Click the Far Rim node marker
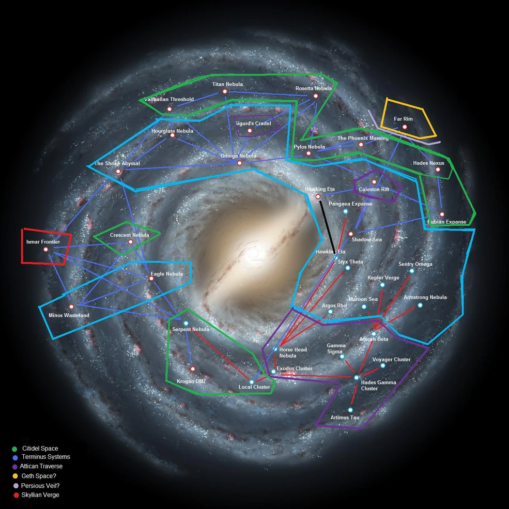(405, 127)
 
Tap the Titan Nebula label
(227, 84)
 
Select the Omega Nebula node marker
(239, 163)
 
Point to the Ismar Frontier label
(43, 242)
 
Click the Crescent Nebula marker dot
(130, 242)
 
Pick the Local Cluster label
(254, 387)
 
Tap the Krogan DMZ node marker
(193, 369)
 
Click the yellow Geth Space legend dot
(15, 476)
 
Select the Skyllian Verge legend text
(40, 495)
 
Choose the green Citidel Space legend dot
(14, 449)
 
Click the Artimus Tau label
(345, 418)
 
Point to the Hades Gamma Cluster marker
(357, 378)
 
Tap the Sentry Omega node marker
(412, 271)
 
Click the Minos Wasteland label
(69, 315)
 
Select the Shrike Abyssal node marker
(118, 171)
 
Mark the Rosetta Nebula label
(314, 88)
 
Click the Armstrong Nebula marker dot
(420, 305)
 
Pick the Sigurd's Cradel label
(253, 124)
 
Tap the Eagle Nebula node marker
(151, 279)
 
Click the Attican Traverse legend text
(41, 467)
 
